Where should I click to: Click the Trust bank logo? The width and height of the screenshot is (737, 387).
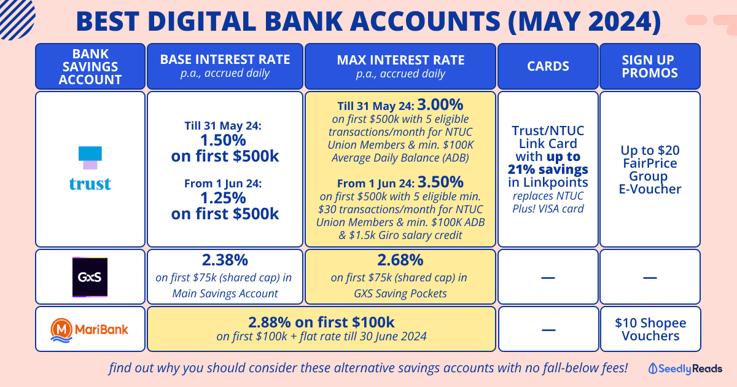pyautogui.click(x=90, y=168)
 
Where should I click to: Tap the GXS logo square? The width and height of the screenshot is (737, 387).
pyautogui.click(x=90, y=277)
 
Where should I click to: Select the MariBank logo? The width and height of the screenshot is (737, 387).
pyautogui.click(x=89, y=330)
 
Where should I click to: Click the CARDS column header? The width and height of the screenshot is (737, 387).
pyautogui.click(x=548, y=66)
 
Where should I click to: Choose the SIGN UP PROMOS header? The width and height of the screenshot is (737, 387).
pyautogui.click(x=650, y=66)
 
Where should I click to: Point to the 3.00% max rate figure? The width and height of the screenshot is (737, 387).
pyautogui.click(x=440, y=104)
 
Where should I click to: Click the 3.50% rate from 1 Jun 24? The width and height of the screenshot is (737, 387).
pyautogui.click(x=440, y=182)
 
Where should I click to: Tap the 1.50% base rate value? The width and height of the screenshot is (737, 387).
pyautogui.click(x=223, y=140)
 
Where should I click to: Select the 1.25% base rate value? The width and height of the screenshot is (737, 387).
pyautogui.click(x=223, y=198)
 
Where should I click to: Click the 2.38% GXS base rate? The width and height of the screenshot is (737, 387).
pyautogui.click(x=225, y=260)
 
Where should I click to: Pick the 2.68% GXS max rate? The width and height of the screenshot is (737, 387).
pyautogui.click(x=400, y=260)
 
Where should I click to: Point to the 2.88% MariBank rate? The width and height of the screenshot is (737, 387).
pyautogui.click(x=271, y=322)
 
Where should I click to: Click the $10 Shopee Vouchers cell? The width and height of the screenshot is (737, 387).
pyautogui.click(x=650, y=329)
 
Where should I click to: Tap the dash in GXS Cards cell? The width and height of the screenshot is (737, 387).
pyautogui.click(x=548, y=278)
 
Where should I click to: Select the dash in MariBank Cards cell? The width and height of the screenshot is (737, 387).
pyautogui.click(x=548, y=330)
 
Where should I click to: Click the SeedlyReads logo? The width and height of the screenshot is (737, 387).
pyautogui.click(x=685, y=369)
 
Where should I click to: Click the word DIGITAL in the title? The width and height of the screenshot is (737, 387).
pyautogui.click(x=201, y=21)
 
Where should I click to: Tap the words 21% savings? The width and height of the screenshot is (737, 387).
pyautogui.click(x=548, y=169)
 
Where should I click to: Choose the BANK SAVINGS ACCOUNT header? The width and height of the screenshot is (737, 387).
pyautogui.click(x=90, y=66)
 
